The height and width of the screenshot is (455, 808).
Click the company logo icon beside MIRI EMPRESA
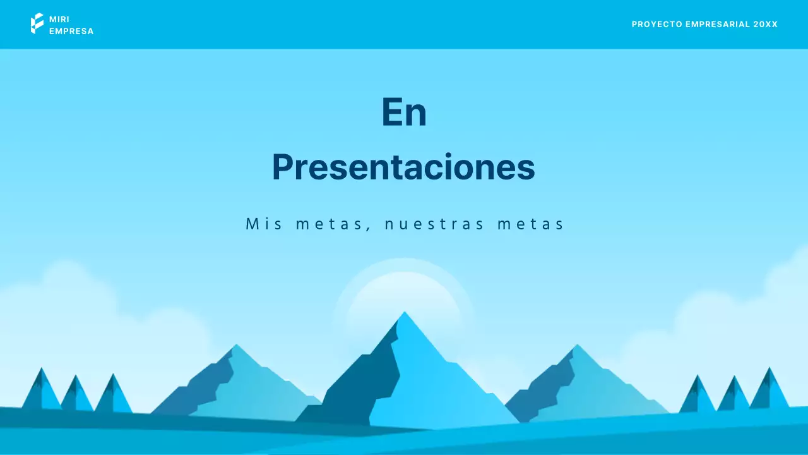(x=37, y=23)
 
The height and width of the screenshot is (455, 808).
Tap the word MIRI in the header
(x=59, y=19)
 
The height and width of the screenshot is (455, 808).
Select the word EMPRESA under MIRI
(x=71, y=31)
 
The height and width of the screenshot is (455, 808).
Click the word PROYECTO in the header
(x=656, y=24)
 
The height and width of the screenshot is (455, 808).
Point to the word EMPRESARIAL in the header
(x=718, y=24)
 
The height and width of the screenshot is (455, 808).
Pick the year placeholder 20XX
(x=766, y=24)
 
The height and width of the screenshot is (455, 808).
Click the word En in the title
(x=404, y=112)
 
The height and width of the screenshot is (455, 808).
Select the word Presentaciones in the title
(x=403, y=167)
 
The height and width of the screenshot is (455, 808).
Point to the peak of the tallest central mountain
(x=405, y=314)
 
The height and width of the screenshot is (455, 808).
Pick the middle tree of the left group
(x=76, y=395)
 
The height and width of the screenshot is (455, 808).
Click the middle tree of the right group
(x=734, y=395)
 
